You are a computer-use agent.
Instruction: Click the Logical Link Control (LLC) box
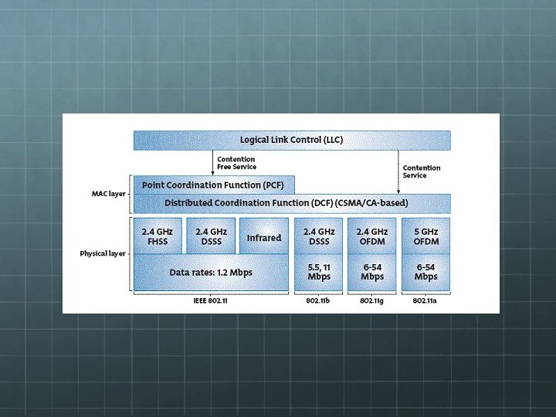click(x=292, y=140)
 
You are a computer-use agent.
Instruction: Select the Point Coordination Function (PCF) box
click(x=214, y=185)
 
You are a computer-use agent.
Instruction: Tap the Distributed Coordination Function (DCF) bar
click(x=292, y=203)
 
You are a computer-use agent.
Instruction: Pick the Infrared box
click(x=264, y=237)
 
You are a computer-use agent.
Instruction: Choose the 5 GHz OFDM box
click(x=425, y=236)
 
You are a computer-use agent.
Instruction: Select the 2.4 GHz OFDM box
click(x=372, y=236)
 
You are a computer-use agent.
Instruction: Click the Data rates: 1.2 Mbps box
click(x=211, y=273)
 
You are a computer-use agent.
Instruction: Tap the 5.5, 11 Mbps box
click(x=319, y=272)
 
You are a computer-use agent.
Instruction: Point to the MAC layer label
click(x=108, y=193)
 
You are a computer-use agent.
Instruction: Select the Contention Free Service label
click(x=236, y=163)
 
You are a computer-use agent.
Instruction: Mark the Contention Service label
click(x=422, y=171)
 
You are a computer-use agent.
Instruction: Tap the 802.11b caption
click(x=319, y=300)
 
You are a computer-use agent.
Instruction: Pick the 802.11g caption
click(x=372, y=300)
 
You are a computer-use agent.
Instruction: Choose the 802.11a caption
click(x=425, y=300)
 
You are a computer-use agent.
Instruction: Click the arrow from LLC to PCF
click(x=212, y=163)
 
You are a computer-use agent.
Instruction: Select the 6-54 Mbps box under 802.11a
click(x=425, y=272)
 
